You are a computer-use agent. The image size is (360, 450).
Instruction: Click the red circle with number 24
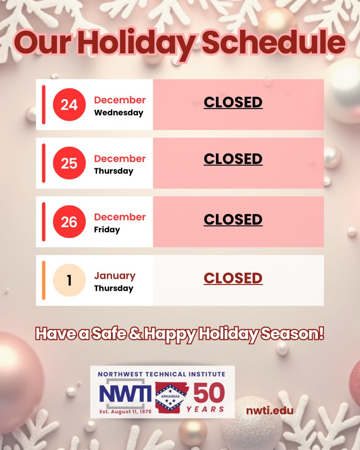[69, 105]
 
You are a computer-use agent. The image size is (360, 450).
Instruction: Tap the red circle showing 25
[69, 163]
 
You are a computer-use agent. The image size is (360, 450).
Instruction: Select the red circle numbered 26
[69, 222]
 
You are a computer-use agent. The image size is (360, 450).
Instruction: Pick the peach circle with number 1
[69, 280]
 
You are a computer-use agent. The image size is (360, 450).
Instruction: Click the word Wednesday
[119, 113]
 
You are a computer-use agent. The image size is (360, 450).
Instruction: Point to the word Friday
[107, 230]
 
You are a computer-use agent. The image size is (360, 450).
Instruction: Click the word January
[115, 276]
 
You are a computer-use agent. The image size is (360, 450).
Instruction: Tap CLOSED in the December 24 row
[233, 102]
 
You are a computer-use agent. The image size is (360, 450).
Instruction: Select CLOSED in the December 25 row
[233, 159]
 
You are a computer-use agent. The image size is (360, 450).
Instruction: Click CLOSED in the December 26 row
[233, 219]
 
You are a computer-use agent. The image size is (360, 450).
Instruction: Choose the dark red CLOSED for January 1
[233, 278]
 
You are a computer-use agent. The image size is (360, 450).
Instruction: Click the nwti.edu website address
[270, 411]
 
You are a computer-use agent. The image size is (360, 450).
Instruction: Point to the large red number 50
[209, 394]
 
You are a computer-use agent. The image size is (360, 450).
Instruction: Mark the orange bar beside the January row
[44, 280]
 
